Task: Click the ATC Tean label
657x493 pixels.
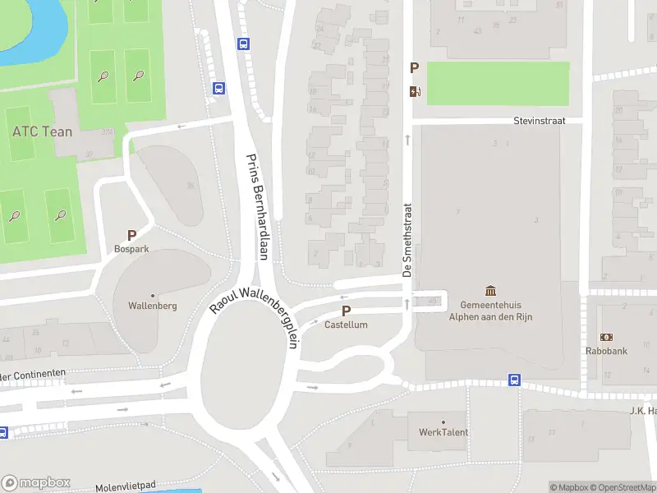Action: pyautogui.click(x=42, y=131)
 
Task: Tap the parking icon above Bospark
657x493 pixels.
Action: pyautogui.click(x=131, y=235)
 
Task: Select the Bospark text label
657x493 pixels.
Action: pyautogui.click(x=131, y=248)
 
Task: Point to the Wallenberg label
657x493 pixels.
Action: pyautogui.click(x=153, y=306)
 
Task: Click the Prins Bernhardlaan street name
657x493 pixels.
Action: pyautogui.click(x=258, y=206)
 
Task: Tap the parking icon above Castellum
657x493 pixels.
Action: pyautogui.click(x=346, y=311)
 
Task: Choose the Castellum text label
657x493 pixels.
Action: pyautogui.click(x=346, y=325)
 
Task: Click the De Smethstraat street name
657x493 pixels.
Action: pyautogui.click(x=407, y=240)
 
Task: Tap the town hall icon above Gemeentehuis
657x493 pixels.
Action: pyautogui.click(x=491, y=290)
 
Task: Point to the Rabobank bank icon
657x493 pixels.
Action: pyautogui.click(x=607, y=337)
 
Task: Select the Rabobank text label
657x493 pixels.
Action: pyautogui.click(x=607, y=351)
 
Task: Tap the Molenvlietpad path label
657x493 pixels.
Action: pyautogui.click(x=126, y=487)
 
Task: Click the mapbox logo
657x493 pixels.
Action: pyautogui.click(x=36, y=482)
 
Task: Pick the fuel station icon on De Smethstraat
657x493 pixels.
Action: pyautogui.click(x=415, y=91)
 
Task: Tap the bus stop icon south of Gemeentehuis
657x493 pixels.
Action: pyautogui.click(x=514, y=380)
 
